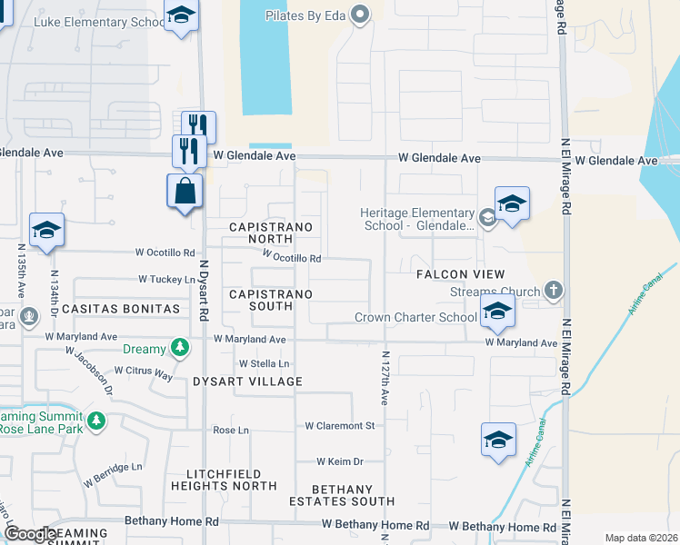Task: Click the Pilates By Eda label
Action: point(307,15)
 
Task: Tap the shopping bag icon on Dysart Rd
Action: point(185,192)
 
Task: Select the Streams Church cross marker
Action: point(553,292)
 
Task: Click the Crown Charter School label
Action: point(415,317)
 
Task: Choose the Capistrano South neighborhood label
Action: point(271,301)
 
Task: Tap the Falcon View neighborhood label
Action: point(460,274)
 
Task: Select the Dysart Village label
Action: point(247,381)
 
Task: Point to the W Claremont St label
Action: point(340,425)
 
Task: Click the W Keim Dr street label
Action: point(340,461)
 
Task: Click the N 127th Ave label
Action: point(385,379)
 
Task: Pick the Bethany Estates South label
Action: point(342,495)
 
